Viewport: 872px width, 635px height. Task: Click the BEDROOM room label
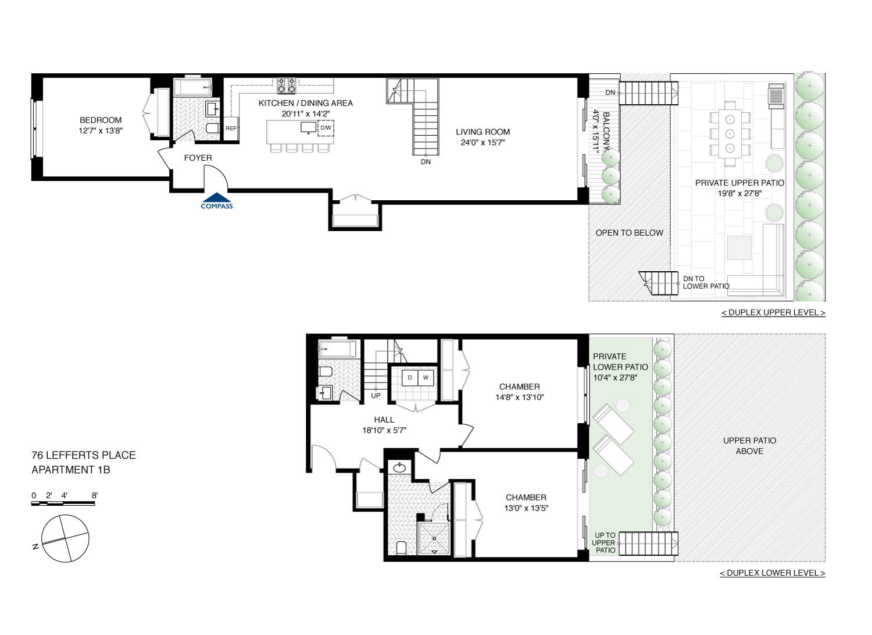(101, 120)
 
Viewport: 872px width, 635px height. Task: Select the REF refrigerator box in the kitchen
(231, 129)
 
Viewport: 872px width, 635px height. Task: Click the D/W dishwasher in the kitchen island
(326, 128)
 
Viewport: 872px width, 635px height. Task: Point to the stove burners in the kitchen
(286, 86)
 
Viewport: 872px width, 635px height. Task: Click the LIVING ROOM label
(483, 132)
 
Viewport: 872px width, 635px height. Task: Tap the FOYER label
(198, 158)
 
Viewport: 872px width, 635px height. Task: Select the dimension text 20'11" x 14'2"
(305, 114)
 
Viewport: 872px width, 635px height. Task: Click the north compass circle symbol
(65, 539)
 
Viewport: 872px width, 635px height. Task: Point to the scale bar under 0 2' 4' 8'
(63, 503)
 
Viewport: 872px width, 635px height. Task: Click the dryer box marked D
(410, 378)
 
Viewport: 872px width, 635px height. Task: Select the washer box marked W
(426, 378)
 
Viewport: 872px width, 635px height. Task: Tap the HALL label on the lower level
(384, 420)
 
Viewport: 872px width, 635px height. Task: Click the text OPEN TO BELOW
(629, 233)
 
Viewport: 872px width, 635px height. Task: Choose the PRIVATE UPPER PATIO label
(739, 183)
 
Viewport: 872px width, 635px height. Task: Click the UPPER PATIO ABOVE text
(749, 446)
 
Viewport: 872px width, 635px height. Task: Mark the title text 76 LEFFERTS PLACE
(84, 455)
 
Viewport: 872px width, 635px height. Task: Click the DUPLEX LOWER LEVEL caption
(772, 573)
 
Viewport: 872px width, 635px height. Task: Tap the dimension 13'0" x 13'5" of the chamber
(526, 508)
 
